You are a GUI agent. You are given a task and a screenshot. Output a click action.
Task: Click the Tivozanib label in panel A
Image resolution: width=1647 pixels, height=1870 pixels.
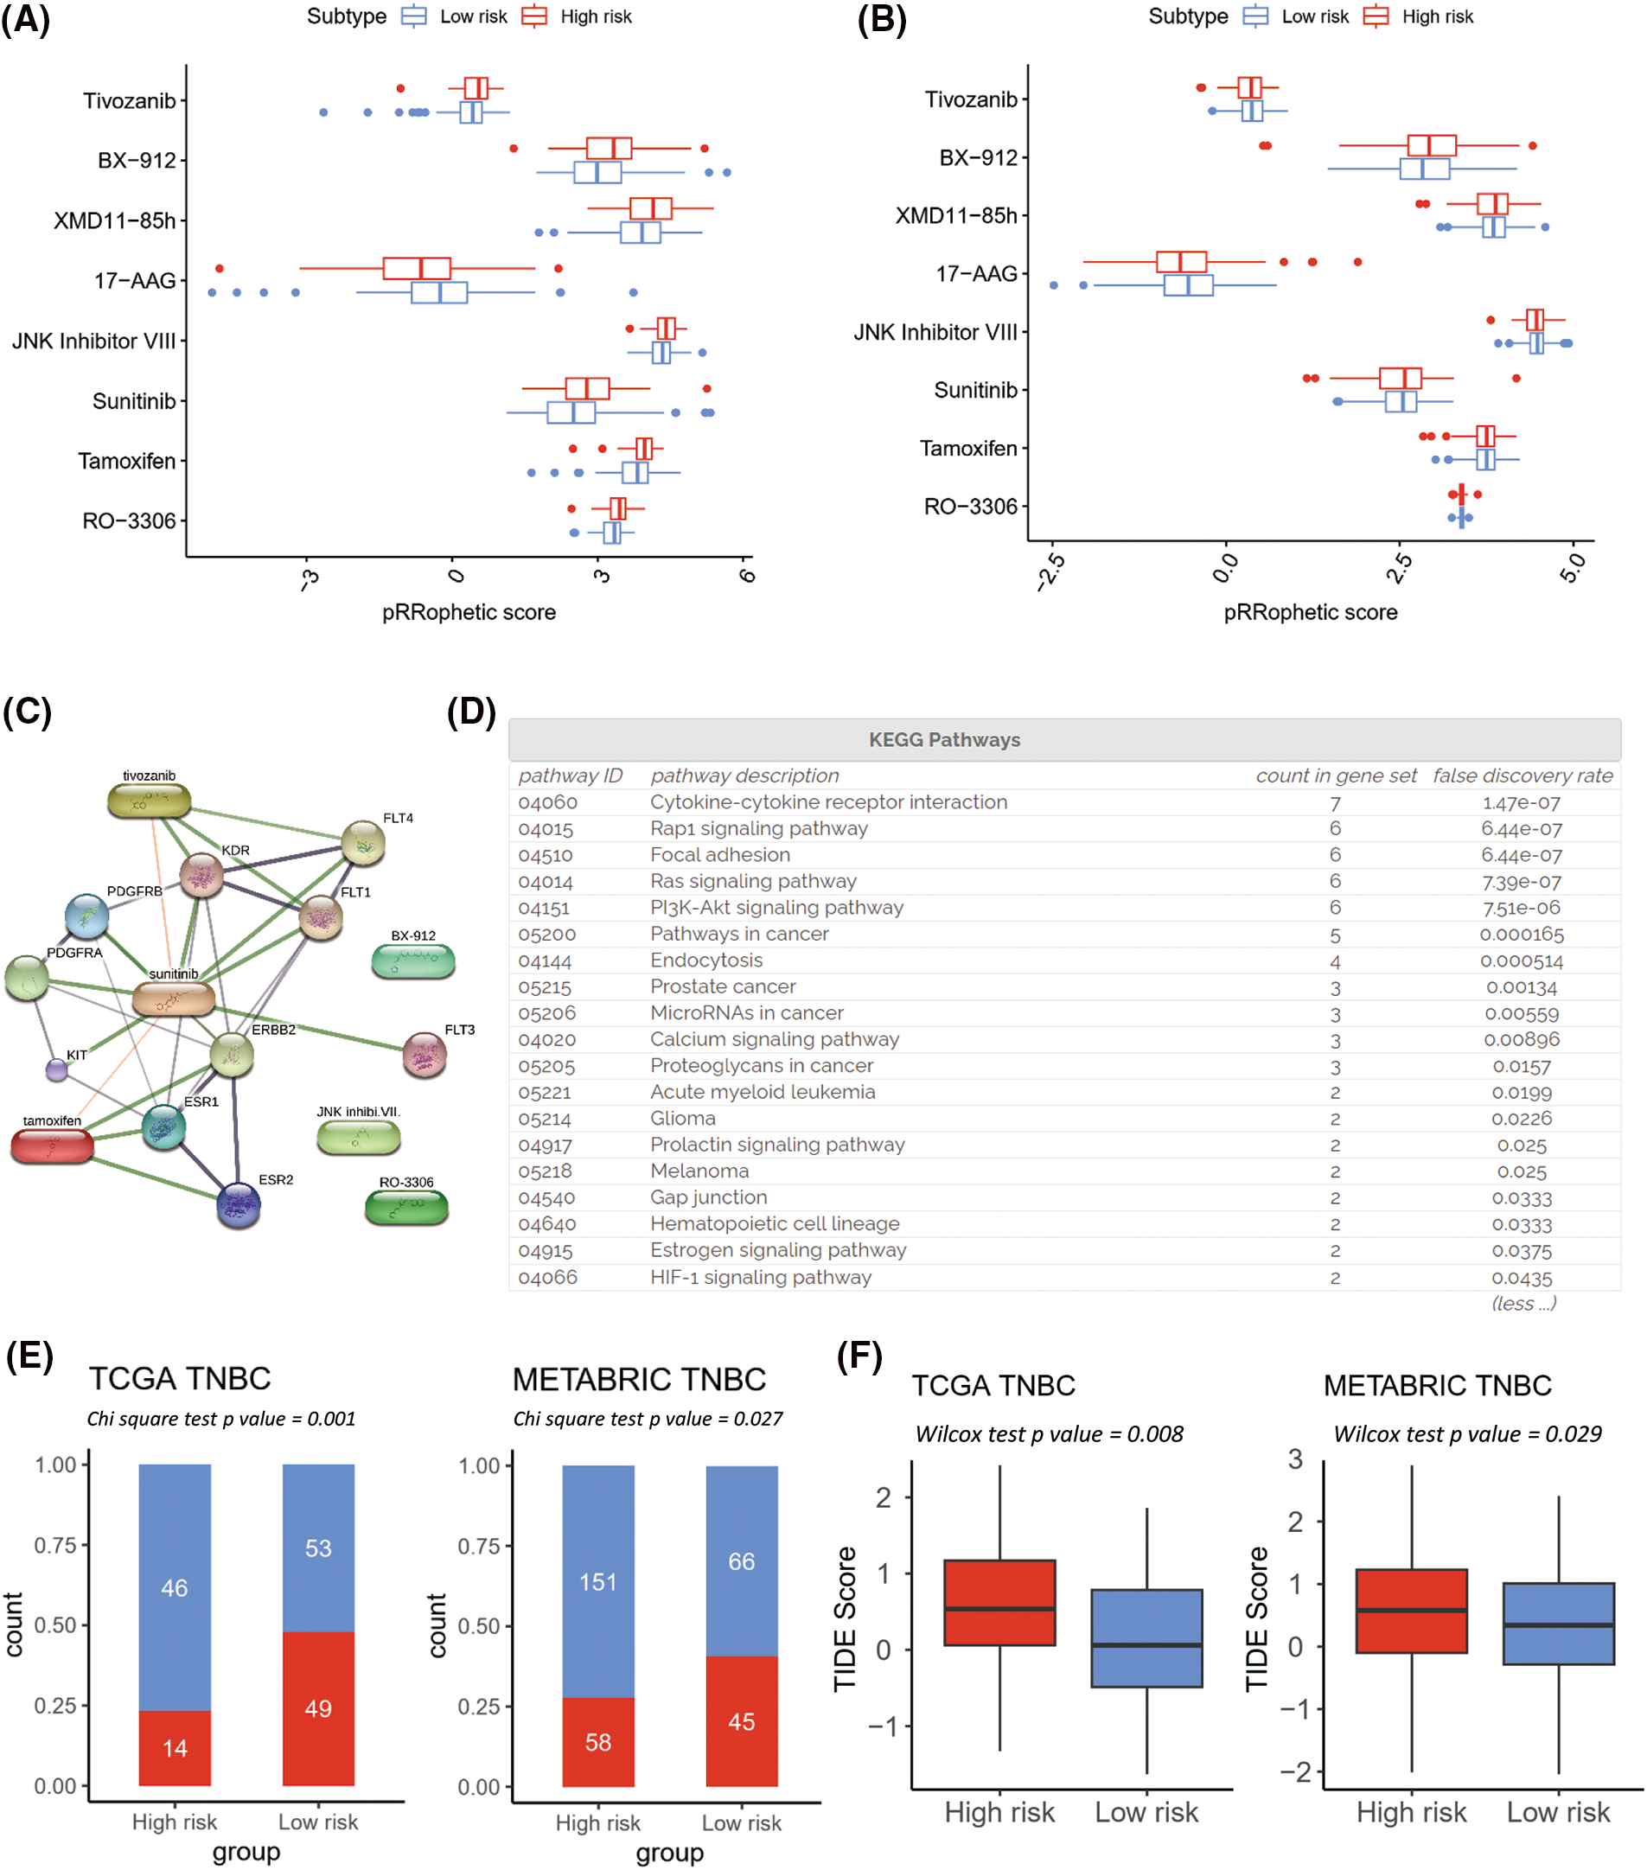[x=129, y=100]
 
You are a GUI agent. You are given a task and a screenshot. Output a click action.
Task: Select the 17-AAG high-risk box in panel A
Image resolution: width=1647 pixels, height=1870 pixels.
[x=417, y=268]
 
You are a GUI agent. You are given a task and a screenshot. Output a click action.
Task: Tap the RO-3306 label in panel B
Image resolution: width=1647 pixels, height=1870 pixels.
[x=970, y=506]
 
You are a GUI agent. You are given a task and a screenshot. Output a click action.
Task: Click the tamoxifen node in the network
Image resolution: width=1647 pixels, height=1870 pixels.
[x=52, y=1146]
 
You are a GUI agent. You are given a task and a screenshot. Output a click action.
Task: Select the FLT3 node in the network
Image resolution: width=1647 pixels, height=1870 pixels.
[x=425, y=1055]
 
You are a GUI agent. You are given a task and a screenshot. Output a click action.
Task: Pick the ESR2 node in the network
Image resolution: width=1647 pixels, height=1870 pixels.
[x=238, y=1205]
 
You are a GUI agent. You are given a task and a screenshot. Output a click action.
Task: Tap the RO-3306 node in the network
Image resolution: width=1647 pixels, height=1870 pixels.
[x=406, y=1207]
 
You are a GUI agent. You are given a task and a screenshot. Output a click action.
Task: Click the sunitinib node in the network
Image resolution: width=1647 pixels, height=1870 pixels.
[x=173, y=999]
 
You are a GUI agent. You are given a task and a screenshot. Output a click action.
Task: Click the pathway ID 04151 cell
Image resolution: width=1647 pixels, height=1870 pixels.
[x=544, y=908]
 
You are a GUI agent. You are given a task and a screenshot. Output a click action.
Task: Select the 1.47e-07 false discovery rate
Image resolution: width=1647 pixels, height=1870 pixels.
[x=1521, y=802]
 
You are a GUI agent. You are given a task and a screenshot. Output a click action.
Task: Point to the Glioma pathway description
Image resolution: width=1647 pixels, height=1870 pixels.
[x=683, y=1118]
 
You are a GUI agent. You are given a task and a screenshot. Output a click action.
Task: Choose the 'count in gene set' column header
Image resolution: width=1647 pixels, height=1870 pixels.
[x=1335, y=775]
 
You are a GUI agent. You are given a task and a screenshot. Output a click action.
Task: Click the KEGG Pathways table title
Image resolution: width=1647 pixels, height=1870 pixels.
[x=943, y=739]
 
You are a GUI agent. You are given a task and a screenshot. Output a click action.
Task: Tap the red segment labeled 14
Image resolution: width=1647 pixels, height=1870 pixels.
[x=175, y=1747]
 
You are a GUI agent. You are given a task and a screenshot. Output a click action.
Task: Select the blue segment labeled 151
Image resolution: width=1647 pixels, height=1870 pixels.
[x=597, y=1581]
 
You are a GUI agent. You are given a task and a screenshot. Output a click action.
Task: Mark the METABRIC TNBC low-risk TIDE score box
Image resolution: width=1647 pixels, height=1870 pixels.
[x=1557, y=1623]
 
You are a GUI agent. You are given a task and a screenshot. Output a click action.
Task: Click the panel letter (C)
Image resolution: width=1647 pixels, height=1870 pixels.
[x=28, y=711]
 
